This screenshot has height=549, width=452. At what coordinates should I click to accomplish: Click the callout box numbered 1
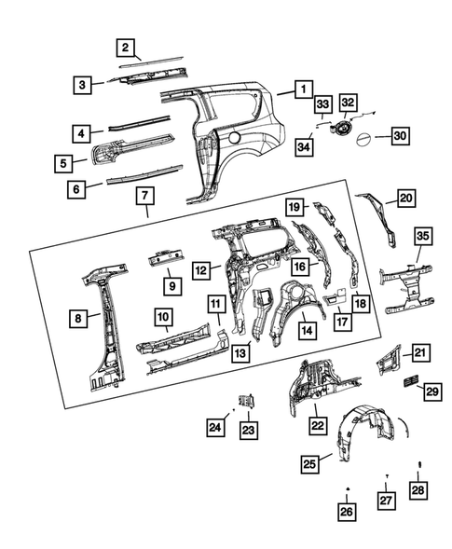[302, 89]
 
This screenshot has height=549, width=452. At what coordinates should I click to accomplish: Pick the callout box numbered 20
[405, 199]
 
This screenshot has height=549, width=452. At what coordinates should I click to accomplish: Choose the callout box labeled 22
[317, 425]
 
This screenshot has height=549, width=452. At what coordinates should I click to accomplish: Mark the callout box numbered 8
[81, 318]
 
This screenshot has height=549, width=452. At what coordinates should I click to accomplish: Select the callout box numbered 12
[200, 270]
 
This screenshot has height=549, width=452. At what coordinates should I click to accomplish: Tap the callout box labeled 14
[306, 329]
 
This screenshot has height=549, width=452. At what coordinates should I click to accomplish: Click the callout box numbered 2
[125, 47]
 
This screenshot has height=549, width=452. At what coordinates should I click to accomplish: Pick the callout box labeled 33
[322, 103]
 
